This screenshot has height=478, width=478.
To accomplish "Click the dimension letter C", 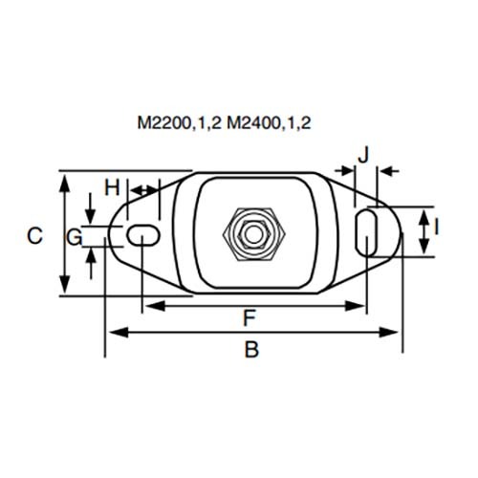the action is (34, 236).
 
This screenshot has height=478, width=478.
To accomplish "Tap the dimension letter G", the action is (75, 237).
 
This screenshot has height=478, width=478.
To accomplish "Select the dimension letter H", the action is (112, 187).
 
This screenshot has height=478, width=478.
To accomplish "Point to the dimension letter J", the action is (363, 155).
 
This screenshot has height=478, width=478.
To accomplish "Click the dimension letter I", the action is (436, 228).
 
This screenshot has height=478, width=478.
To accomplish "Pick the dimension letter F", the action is (250, 317).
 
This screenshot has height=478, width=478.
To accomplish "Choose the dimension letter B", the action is (251, 349).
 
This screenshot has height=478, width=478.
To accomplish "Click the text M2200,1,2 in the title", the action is (179, 123).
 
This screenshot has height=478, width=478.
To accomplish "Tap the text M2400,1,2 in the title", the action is (269, 123).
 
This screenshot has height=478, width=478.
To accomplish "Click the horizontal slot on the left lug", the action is (143, 235).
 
